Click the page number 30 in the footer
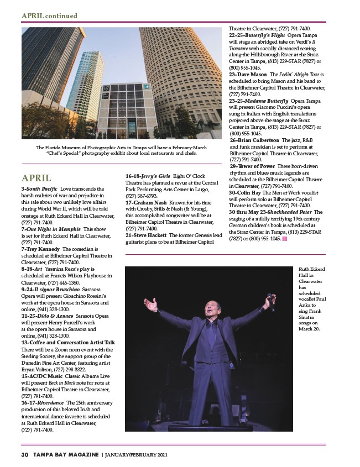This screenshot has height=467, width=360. tap(24, 454)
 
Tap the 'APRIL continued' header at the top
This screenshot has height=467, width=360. tap(49, 16)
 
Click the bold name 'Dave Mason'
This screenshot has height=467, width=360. tap(252, 74)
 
